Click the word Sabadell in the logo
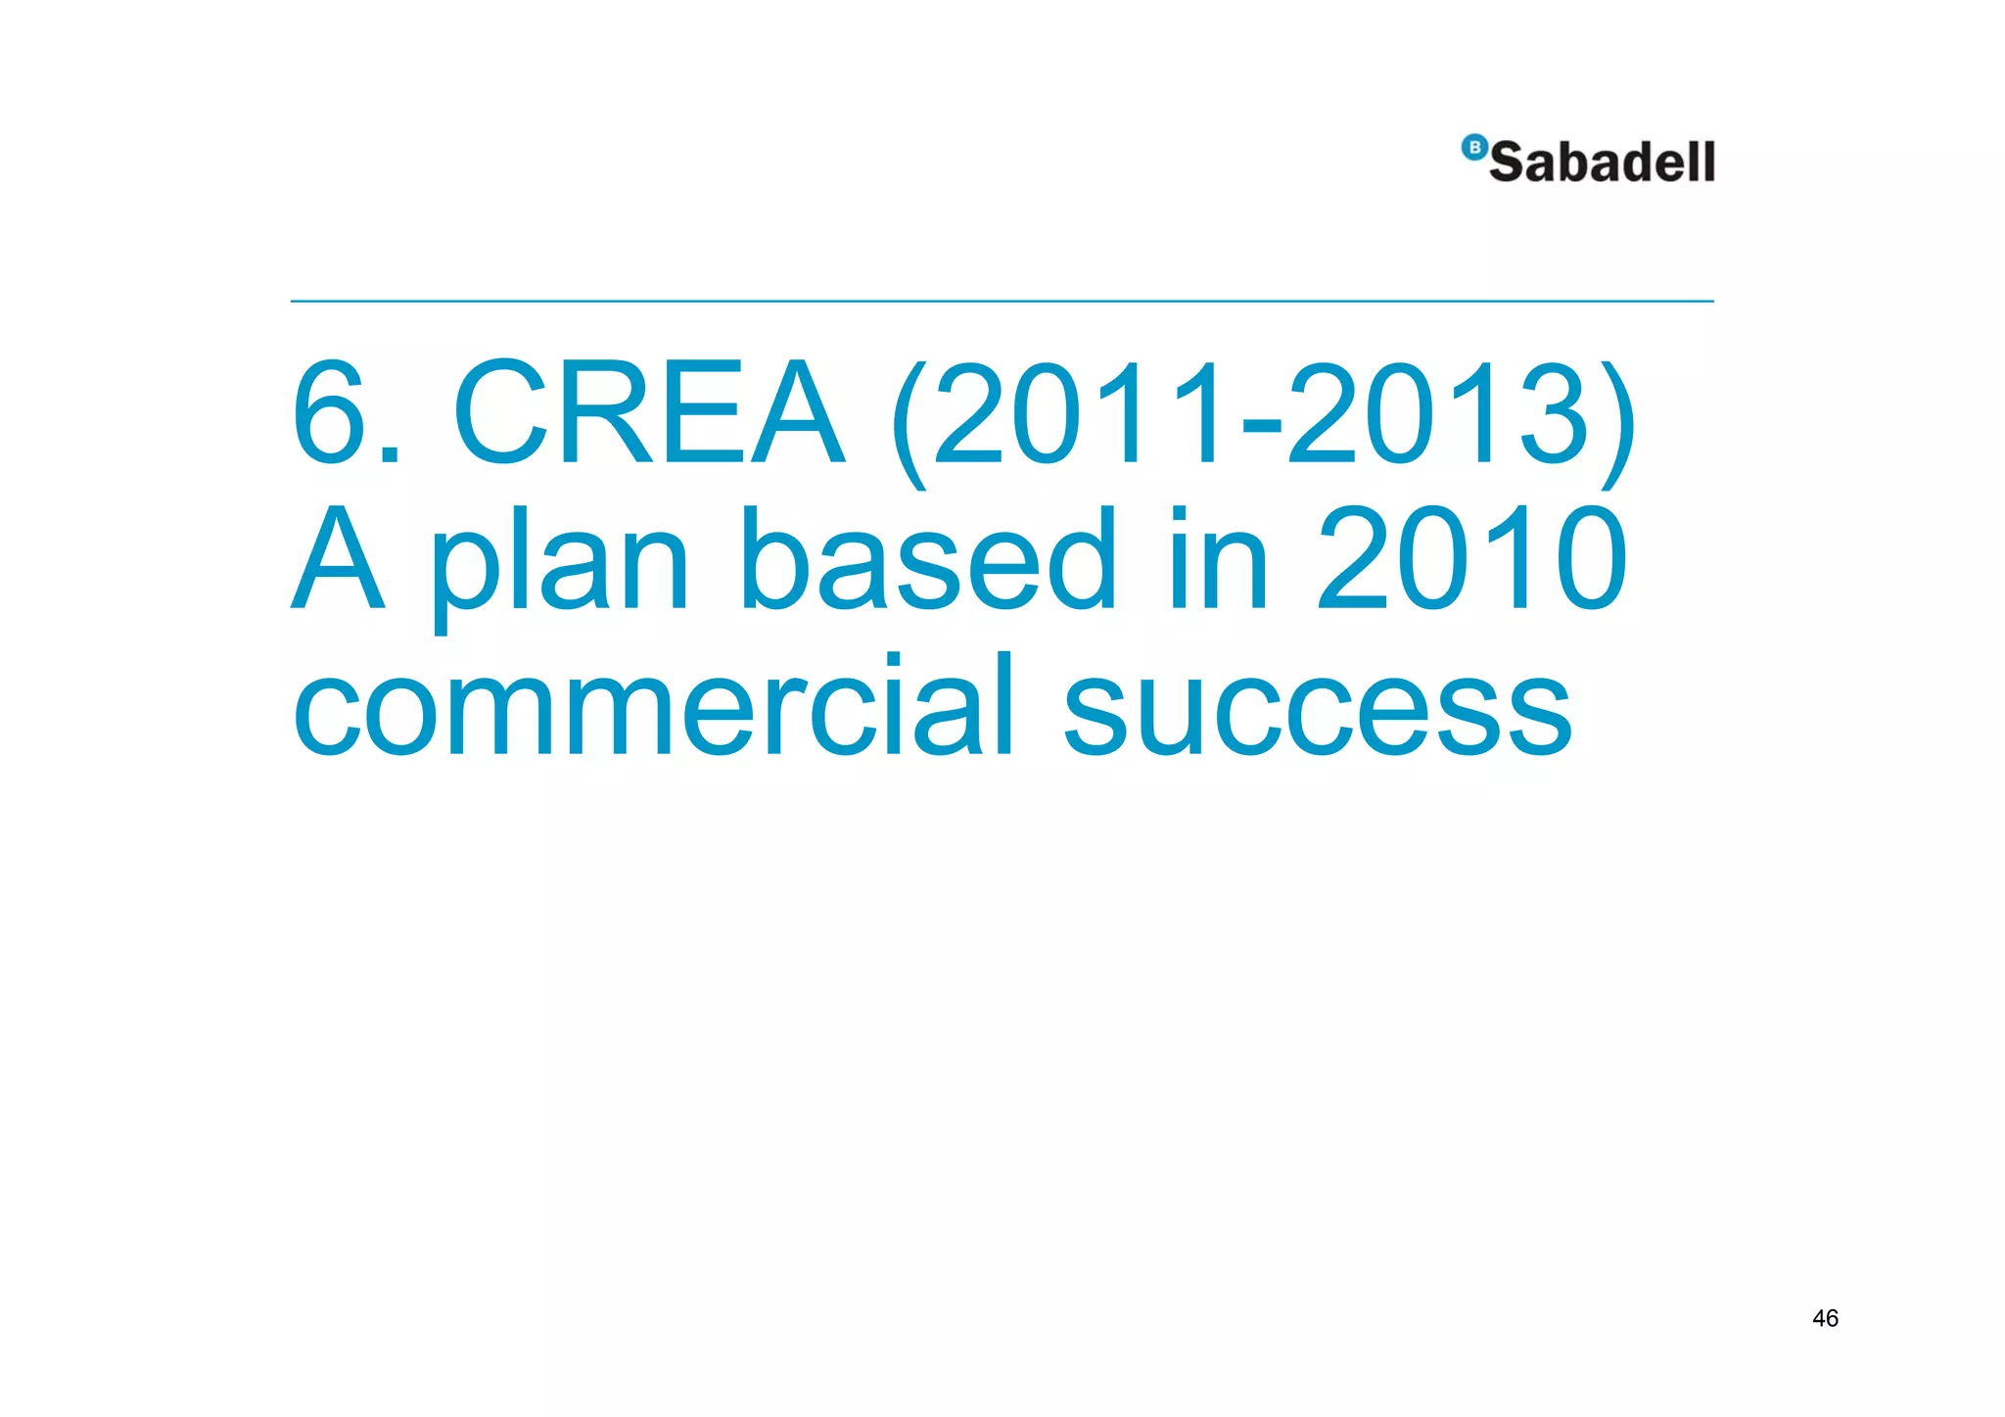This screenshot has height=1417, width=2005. point(1602,162)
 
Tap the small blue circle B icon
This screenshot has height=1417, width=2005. point(1473,148)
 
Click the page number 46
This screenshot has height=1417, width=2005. point(1825,1318)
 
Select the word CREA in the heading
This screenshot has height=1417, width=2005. point(649,413)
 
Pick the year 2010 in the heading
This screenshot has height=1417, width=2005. point(1471,559)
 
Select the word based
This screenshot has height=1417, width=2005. point(928,559)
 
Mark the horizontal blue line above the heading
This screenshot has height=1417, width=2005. point(1002,302)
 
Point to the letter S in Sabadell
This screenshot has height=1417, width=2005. point(1509,163)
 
